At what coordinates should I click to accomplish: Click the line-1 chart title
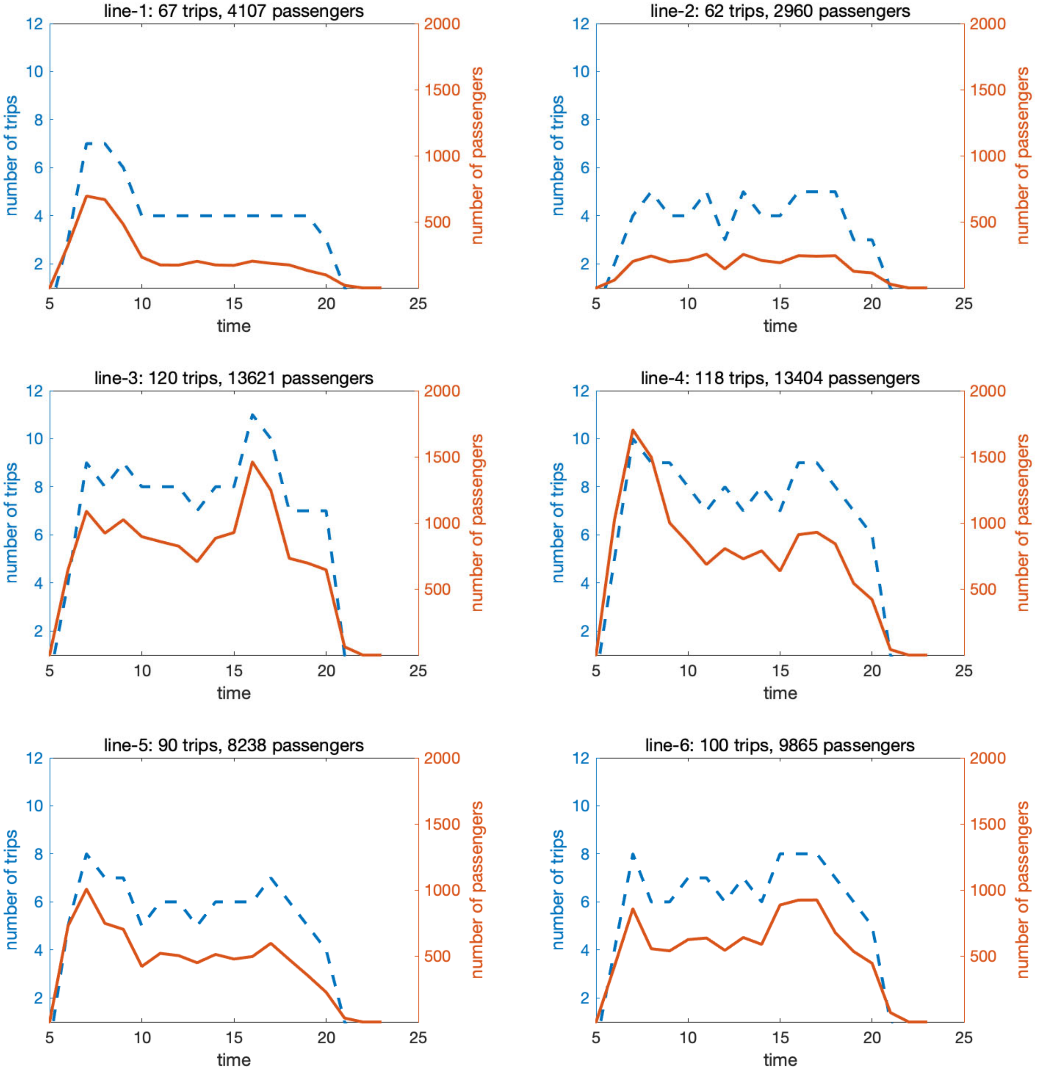coord(234,11)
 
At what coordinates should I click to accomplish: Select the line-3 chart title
coord(234,378)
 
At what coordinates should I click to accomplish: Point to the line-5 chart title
coord(234,745)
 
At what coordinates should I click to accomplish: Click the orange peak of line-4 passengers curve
coord(633,430)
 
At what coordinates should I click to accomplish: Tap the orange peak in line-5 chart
coord(86,889)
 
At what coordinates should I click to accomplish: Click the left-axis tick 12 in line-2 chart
coord(580,24)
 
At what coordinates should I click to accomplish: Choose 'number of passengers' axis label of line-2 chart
coord(1023,156)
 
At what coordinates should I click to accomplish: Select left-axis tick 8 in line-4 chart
coord(585,487)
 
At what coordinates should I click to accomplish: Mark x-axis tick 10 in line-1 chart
coord(142,303)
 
